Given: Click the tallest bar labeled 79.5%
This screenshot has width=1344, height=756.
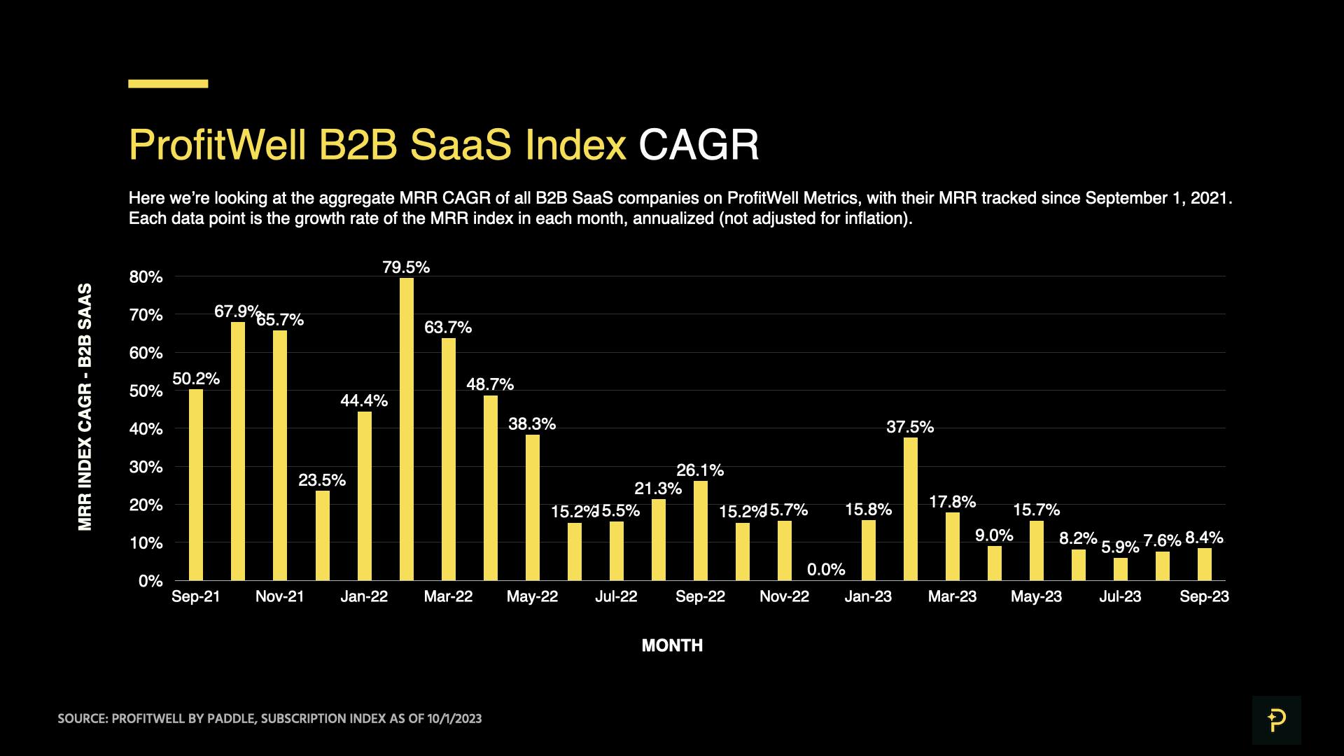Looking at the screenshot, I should point(406,428).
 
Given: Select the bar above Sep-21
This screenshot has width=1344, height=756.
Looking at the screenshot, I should point(196,484).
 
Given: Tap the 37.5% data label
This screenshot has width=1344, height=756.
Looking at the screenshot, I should point(910,427).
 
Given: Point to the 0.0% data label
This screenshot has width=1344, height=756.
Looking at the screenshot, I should point(826,569).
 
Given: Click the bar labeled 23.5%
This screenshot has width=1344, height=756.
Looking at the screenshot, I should point(322,535).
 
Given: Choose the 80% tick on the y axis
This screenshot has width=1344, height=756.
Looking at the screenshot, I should point(146,277).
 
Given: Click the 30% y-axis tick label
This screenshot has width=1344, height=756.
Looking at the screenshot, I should point(146,467).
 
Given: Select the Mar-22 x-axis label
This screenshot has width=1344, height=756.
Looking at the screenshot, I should point(448,596).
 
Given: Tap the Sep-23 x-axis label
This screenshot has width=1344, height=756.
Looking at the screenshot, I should point(1204,596).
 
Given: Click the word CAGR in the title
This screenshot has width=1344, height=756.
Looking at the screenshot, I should point(699,145).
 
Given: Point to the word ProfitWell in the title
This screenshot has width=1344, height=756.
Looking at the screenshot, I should point(217,145).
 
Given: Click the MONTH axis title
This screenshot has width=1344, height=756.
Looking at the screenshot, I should point(672,645).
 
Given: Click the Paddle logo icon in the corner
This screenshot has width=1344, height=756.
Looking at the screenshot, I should point(1276,720).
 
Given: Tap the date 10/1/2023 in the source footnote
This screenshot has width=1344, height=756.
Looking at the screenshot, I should point(454,719).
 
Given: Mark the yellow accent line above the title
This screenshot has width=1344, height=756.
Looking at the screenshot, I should point(168,83).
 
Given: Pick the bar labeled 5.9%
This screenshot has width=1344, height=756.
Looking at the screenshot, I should point(1120,568).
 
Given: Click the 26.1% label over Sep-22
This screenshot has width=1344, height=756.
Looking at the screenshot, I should point(700,470).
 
